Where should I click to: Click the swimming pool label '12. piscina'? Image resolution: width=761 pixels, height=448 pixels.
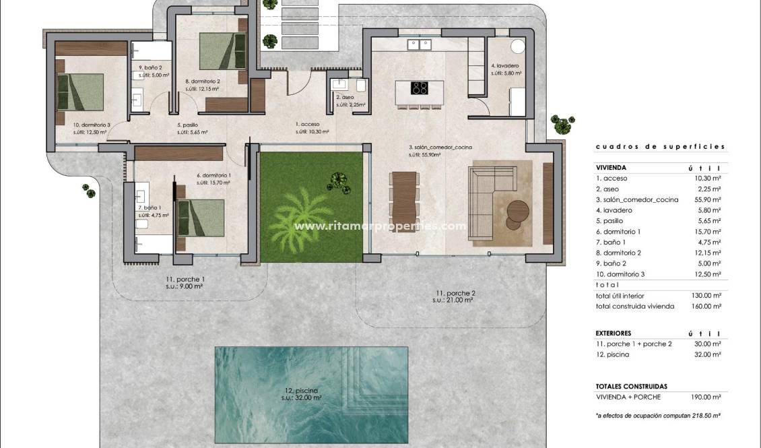[x=301, y=390]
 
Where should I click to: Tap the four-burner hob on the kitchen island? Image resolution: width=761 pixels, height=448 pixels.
[x=420, y=88]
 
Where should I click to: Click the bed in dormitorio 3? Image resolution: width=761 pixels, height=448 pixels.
[x=79, y=92]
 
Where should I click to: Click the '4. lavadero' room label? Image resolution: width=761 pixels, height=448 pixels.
[x=505, y=66]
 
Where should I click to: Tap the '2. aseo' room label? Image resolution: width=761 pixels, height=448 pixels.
[x=344, y=97]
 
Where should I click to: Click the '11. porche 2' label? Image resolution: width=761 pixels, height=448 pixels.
[x=456, y=293]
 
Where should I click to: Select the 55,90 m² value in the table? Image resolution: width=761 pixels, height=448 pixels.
[x=707, y=200]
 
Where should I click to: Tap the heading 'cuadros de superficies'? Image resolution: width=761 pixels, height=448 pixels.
[x=660, y=146]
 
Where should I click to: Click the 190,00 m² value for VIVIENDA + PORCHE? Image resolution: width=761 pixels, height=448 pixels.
[x=707, y=397]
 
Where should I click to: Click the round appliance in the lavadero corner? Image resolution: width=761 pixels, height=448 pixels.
[x=517, y=46]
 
